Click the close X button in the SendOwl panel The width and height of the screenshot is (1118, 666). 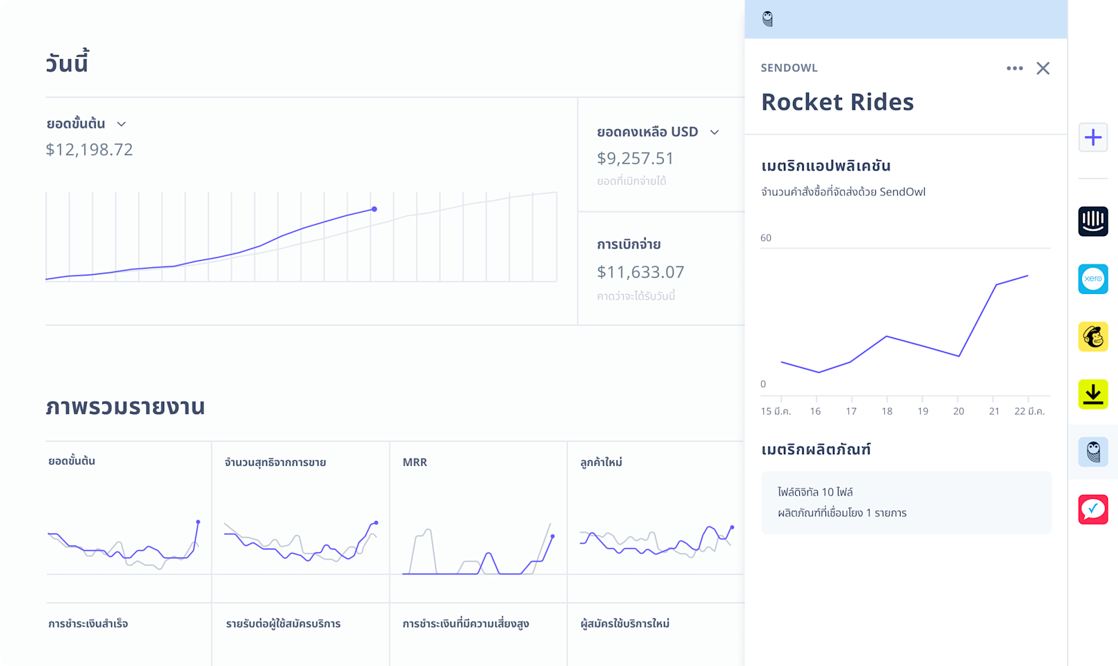pos(1043,68)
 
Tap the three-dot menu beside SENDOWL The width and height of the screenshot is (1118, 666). pos(1014,68)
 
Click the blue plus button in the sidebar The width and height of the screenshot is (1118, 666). pos(1093,137)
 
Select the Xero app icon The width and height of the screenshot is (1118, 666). pos(1093,279)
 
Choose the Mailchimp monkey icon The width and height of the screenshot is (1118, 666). pos(1093,337)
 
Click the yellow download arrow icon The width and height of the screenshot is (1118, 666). pos(1093,394)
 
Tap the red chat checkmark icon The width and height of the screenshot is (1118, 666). pos(1093,509)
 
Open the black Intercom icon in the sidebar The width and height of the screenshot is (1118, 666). pos(1093,221)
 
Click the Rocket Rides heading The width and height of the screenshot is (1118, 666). pos(838,102)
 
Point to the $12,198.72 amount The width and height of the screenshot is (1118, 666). pos(89,149)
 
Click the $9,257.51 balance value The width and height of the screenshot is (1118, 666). pos(636,158)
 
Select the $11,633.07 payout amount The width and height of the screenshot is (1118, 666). pos(640,272)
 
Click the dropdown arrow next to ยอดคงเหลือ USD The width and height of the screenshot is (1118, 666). pos(714,133)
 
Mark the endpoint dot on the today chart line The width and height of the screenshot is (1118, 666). pos(374,209)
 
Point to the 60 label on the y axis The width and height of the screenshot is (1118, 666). pos(766,237)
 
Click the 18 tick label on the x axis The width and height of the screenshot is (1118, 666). pos(887,411)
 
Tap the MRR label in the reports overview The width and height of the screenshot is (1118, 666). pos(415,462)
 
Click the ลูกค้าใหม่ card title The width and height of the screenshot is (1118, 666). pos(601,462)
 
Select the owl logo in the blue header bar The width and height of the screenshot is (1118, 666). pos(767,19)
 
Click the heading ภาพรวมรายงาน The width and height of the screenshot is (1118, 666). pos(126,407)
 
